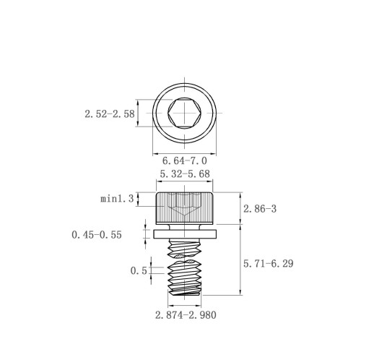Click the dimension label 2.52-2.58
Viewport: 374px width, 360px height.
point(110,113)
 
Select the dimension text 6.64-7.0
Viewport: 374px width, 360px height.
point(185,160)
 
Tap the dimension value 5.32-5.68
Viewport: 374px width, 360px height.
point(185,173)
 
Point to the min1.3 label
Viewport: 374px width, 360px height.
point(117,199)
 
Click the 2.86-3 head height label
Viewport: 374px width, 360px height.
point(260,209)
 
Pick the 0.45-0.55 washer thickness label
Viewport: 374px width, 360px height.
point(97,235)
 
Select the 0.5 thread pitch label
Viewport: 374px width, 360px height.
point(139,271)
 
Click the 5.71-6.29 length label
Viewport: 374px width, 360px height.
point(269,264)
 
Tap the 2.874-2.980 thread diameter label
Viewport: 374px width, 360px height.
point(186,315)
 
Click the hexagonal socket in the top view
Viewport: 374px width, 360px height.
point(185,113)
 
